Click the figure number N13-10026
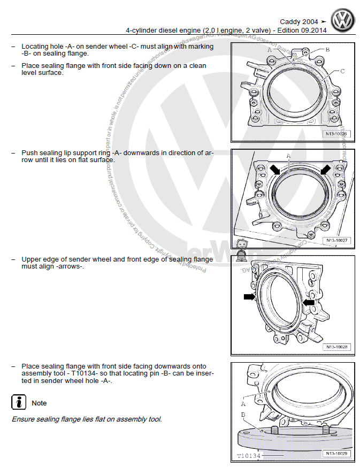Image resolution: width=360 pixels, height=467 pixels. point(336,134)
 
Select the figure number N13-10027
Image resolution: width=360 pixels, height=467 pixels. point(336,241)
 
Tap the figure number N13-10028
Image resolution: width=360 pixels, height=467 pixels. point(336,347)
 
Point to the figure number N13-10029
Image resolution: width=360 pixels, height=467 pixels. point(336,454)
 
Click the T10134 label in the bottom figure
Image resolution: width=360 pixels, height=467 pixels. point(249,456)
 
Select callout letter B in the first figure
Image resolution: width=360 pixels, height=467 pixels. point(327,50)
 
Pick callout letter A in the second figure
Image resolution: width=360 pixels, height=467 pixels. point(288,156)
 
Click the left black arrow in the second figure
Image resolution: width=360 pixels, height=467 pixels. point(275,170)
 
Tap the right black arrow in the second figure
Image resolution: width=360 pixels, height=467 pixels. point(325,170)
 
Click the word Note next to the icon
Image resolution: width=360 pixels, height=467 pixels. point(39,403)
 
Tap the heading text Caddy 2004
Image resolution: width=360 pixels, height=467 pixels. point(299,22)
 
